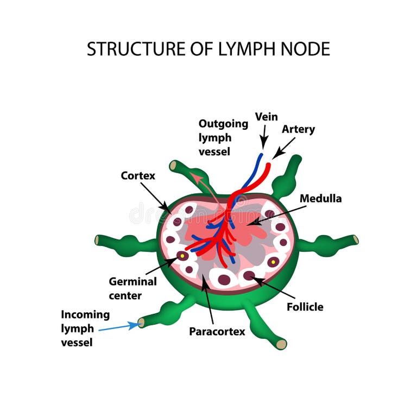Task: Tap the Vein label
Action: (266, 117)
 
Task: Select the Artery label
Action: (298, 129)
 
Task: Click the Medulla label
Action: (320, 199)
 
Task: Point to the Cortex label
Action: (138, 176)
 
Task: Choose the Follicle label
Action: (305, 307)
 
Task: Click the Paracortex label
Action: (217, 331)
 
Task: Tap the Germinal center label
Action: (132, 288)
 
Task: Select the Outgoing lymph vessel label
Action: (223, 137)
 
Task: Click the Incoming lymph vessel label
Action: (85, 328)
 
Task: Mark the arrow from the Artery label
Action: (283, 148)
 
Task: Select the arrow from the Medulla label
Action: (276, 214)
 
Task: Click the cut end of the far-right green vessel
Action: (355, 239)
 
